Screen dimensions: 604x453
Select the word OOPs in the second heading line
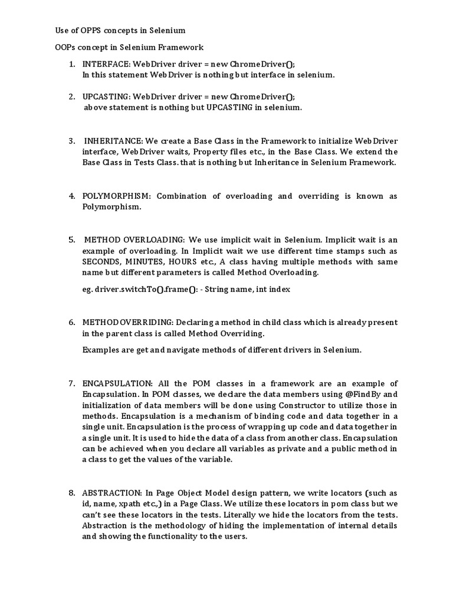[60, 47]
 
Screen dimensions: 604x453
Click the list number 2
[71, 97]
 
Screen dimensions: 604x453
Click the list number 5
[71, 240]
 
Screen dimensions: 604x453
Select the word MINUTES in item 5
[145, 262]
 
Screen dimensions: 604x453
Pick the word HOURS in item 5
[183, 262]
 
